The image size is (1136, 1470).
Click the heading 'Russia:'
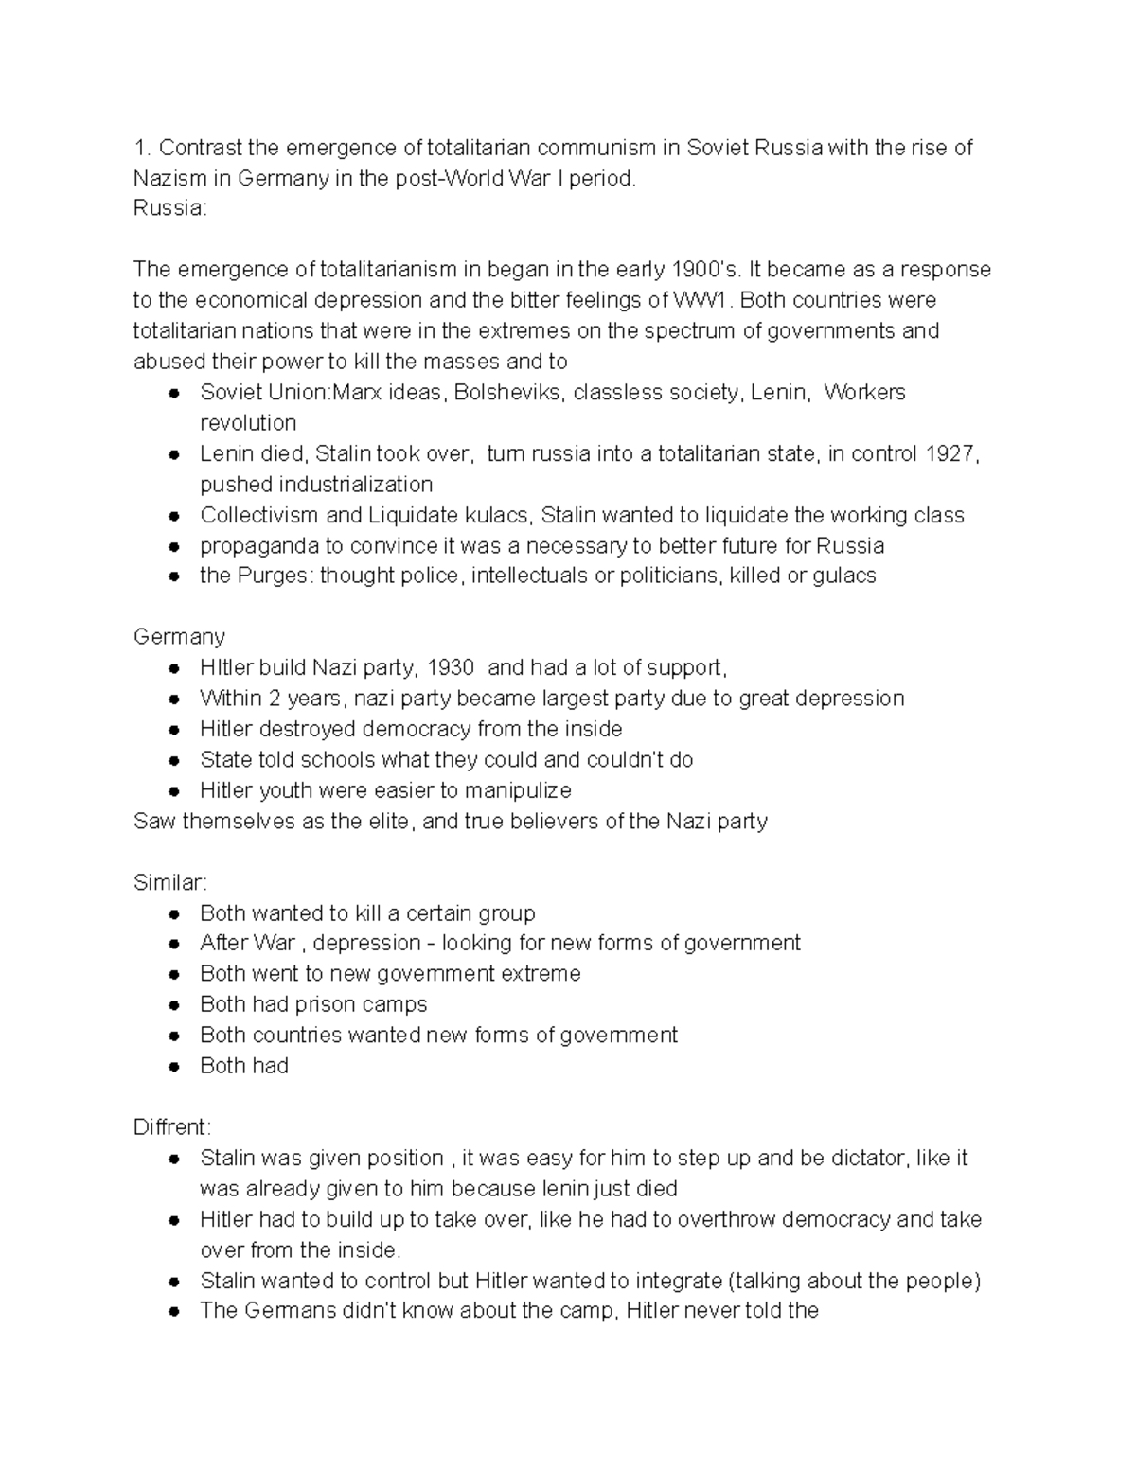click(x=169, y=208)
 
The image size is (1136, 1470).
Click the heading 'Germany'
click(x=179, y=637)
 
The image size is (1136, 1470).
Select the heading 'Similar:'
click(x=170, y=882)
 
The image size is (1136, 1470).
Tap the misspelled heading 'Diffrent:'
click(x=173, y=1127)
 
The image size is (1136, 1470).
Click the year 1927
click(x=950, y=453)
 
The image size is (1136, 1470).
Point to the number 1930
click(x=450, y=667)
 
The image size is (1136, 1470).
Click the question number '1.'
click(x=142, y=148)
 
